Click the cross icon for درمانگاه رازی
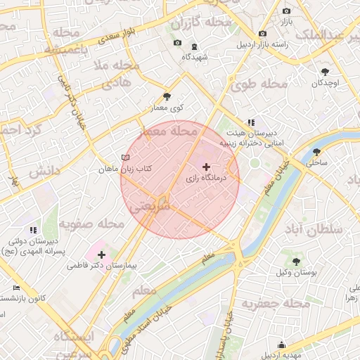(205, 167)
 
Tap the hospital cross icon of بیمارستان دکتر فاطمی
(102, 254)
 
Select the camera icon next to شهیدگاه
(176, 43)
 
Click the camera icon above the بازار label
(286, 11)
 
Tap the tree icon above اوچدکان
(324, 72)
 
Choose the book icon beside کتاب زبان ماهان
(125, 157)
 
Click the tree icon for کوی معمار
(166, 96)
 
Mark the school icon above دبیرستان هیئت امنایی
(251, 122)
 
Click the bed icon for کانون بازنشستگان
(17, 287)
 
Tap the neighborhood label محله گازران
(201, 23)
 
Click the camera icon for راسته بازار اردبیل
(262, 33)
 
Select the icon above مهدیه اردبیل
(281, 345)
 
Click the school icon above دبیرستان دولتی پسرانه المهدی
(32, 229)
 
